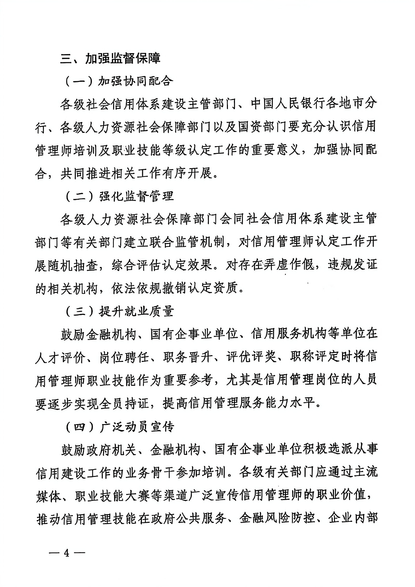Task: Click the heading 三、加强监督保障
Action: pos(110,59)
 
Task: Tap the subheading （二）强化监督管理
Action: pos(119,196)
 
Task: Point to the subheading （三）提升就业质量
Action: pos(119,311)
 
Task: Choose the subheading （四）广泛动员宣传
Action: pos(119,427)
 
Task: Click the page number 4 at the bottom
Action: pos(67,553)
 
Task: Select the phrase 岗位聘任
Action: pos(124,358)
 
